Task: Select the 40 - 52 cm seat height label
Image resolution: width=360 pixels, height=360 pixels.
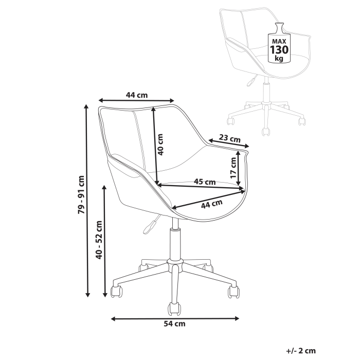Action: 99,240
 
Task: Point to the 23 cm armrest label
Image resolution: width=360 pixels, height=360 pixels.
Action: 230,138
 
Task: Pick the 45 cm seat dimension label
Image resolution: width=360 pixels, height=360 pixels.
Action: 204,182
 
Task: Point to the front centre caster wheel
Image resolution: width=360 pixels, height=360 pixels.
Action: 173,309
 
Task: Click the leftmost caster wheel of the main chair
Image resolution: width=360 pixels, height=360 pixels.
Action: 117,292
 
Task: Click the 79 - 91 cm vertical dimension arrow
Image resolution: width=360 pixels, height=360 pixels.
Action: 88,200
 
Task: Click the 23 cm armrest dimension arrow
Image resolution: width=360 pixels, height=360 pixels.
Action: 229,143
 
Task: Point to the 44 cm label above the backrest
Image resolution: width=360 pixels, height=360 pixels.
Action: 137,95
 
